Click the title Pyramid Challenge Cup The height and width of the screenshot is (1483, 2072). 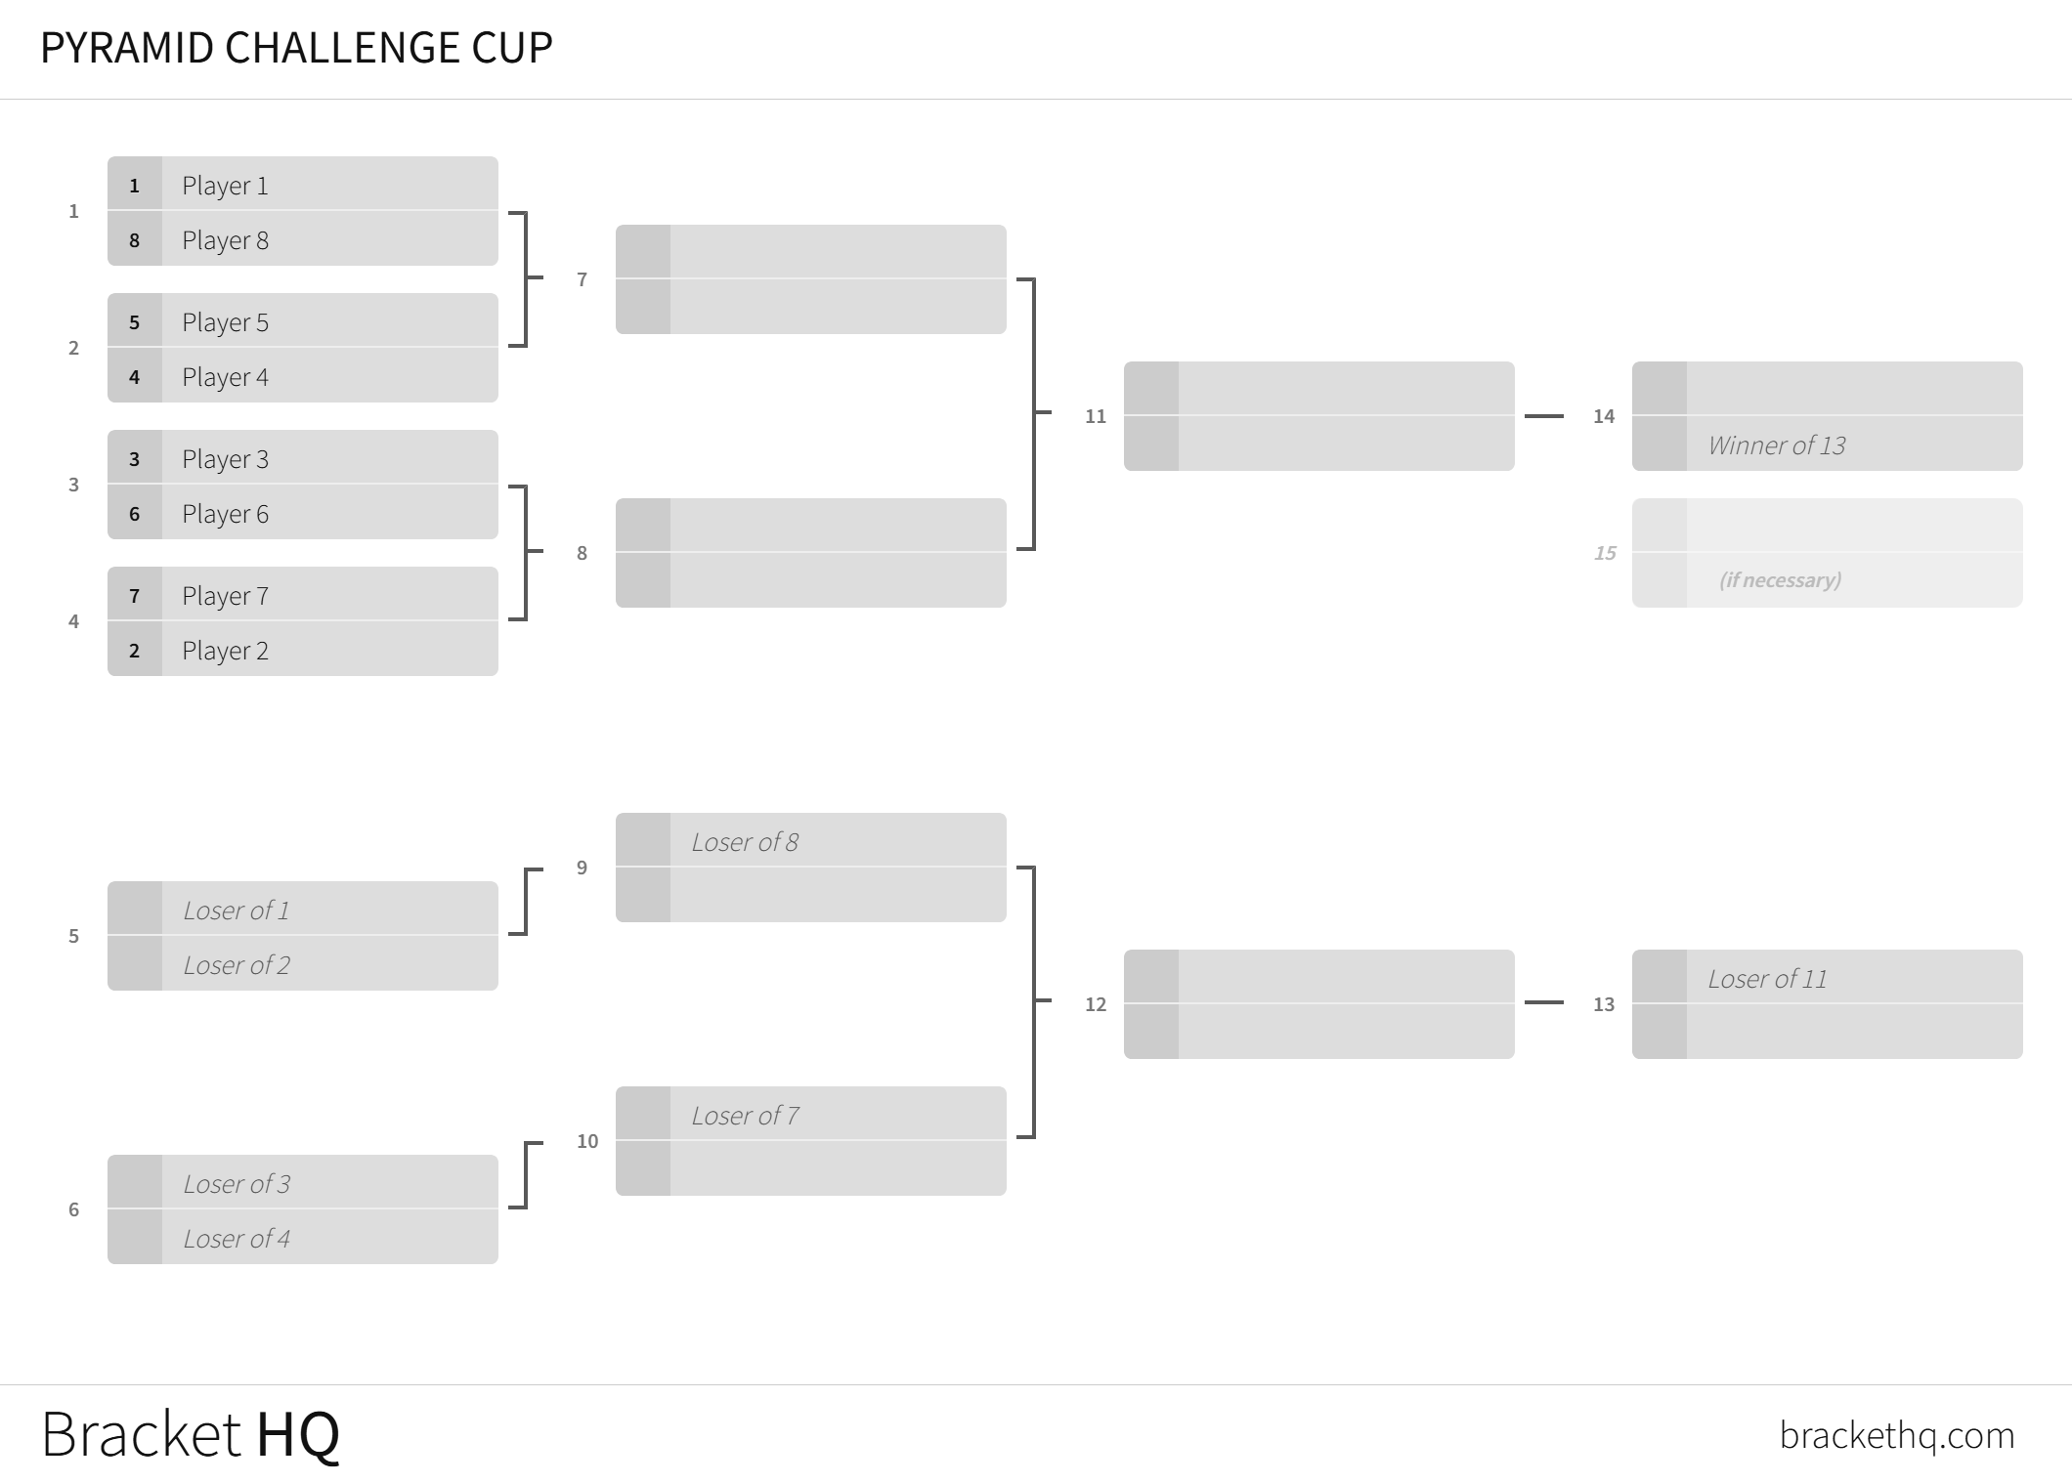(296, 48)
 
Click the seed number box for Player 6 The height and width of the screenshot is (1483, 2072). (135, 514)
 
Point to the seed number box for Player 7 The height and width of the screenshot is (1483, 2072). (135, 596)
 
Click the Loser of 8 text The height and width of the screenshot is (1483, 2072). (745, 842)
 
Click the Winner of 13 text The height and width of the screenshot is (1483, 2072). (1777, 445)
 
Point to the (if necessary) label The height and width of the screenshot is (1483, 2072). (1780, 580)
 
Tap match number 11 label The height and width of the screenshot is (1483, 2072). (1096, 416)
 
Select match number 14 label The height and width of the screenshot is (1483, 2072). (1604, 416)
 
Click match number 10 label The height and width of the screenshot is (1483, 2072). (587, 1141)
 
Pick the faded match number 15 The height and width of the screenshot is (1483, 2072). (1605, 553)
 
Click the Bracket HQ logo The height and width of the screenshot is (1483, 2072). (191, 1434)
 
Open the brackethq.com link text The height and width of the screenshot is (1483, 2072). (1897, 1435)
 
